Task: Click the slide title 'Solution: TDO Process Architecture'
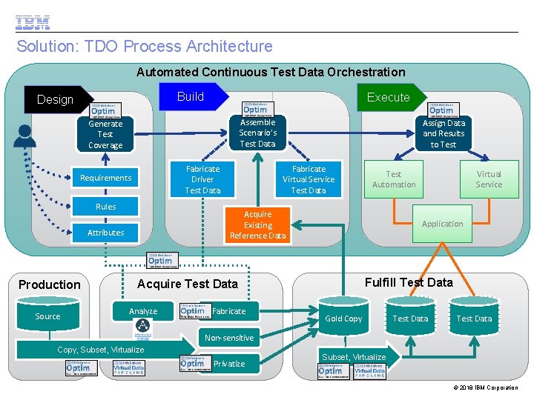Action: click(x=145, y=46)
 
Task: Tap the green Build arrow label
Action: click(x=191, y=96)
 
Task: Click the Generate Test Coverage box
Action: click(x=105, y=134)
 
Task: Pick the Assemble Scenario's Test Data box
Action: click(x=257, y=133)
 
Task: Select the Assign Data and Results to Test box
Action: click(x=444, y=134)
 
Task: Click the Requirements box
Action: click(x=105, y=178)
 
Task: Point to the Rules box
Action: click(x=105, y=207)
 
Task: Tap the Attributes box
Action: click(x=105, y=233)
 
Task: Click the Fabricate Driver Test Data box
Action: click(x=202, y=179)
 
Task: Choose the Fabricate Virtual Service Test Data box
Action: click(x=309, y=179)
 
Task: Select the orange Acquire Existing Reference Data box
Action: click(x=257, y=225)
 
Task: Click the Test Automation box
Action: click(x=394, y=179)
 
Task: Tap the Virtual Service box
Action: click(x=489, y=179)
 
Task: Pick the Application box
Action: click(x=442, y=224)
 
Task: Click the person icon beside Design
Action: click(x=25, y=136)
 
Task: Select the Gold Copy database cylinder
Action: click(x=344, y=317)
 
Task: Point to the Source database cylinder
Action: click(x=48, y=316)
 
